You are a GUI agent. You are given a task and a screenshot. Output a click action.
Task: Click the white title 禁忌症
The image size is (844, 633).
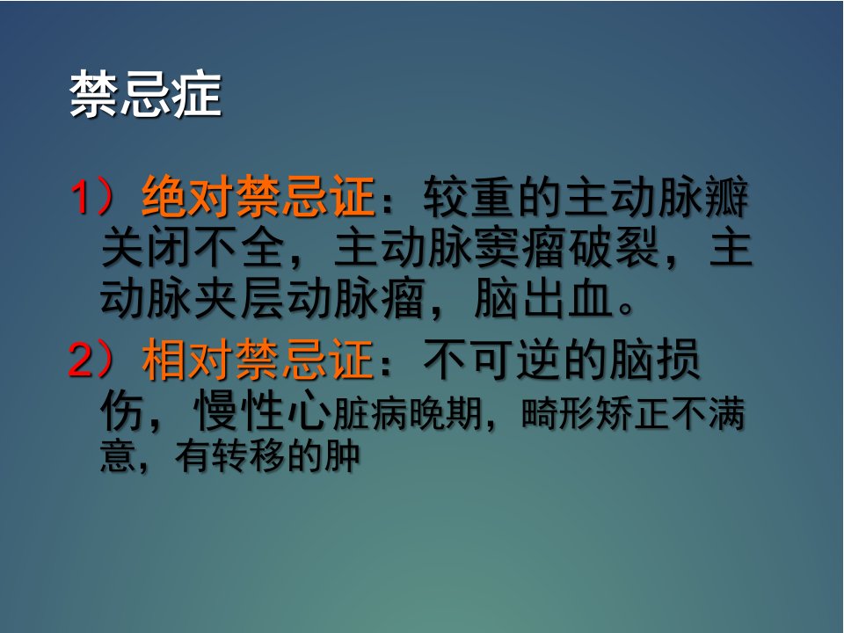(x=145, y=95)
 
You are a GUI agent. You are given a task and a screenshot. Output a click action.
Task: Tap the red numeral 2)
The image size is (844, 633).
(x=91, y=359)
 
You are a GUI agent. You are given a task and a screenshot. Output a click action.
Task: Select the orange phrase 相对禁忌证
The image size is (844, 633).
(x=258, y=359)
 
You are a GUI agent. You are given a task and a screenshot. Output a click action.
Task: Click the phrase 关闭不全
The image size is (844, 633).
(x=193, y=248)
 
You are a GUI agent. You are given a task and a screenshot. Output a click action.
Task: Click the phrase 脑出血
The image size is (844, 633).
(x=543, y=298)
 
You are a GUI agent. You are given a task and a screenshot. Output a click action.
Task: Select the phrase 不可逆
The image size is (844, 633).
(x=492, y=359)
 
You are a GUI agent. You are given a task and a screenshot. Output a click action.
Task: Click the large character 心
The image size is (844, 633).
(x=309, y=411)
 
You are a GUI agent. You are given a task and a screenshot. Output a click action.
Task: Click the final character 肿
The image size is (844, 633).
(x=342, y=457)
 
